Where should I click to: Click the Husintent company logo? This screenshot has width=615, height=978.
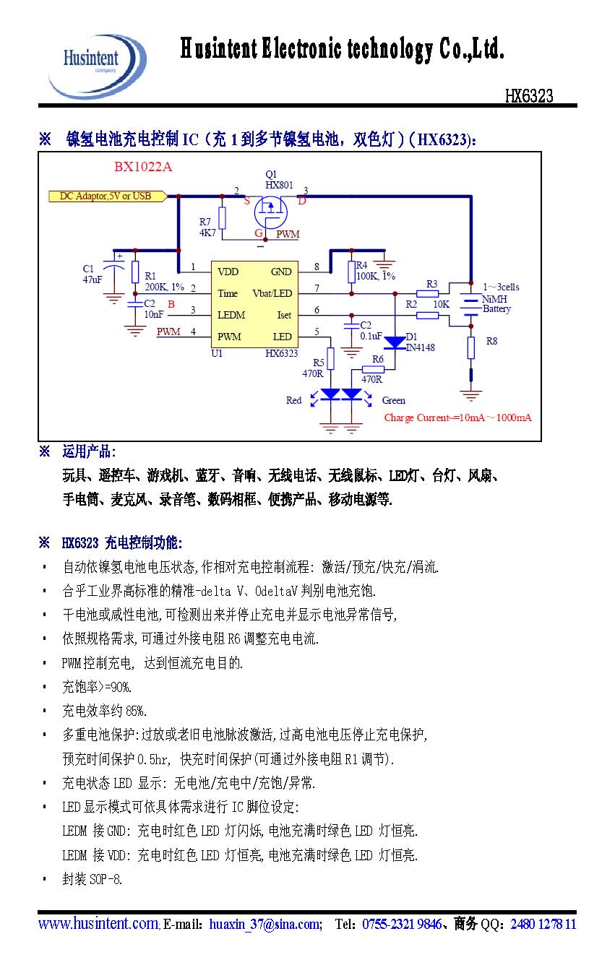[x=97, y=66]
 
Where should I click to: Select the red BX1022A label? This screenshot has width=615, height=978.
[x=143, y=167]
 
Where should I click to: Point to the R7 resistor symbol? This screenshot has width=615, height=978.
[x=223, y=218]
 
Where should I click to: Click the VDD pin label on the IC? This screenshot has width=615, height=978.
[x=228, y=272]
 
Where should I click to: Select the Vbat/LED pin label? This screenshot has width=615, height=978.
[x=272, y=293]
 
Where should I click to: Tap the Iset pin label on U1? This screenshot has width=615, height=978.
[x=284, y=315]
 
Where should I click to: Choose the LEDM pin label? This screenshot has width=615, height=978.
[x=231, y=315]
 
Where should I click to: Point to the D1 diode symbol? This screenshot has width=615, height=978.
[x=395, y=342]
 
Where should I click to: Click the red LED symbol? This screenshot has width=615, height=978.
[x=330, y=394]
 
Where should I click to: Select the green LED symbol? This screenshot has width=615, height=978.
[x=351, y=394]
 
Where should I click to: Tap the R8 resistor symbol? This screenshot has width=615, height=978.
[x=470, y=347]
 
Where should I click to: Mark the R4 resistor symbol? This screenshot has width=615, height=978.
[x=351, y=272]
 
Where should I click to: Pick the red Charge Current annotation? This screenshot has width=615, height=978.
[x=457, y=417]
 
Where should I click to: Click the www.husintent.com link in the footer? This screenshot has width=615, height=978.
[x=98, y=923]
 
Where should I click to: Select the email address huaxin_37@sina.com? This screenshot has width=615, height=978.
[x=265, y=924]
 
